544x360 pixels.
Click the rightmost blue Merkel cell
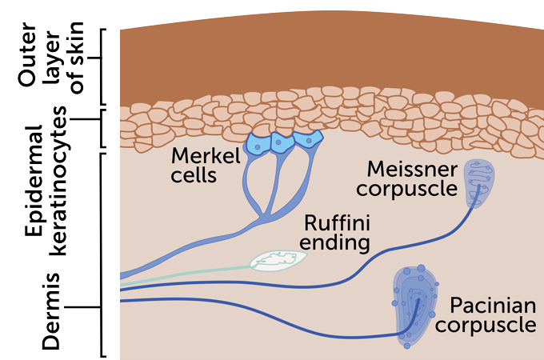click(x=306, y=140)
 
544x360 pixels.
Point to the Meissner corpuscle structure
click(x=478, y=185)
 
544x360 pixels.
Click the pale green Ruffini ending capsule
click(x=278, y=260)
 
